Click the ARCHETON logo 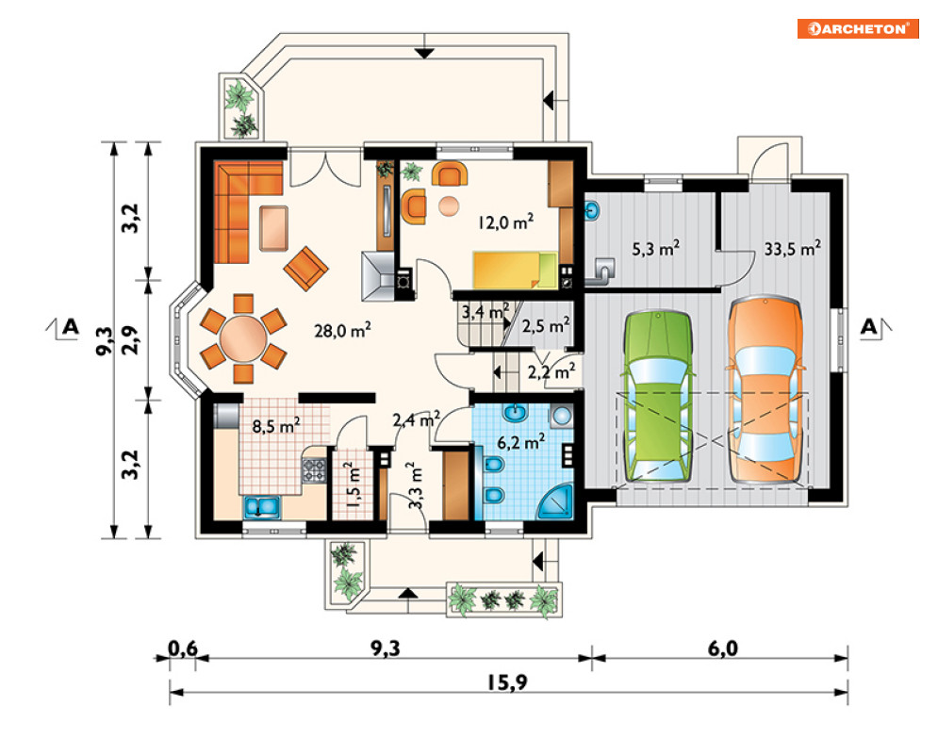858,28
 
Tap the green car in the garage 658,395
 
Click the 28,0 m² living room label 343,330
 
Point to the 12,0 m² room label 506,222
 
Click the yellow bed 516,271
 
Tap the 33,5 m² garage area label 792,248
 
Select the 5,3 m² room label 655,248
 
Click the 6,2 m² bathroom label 521,442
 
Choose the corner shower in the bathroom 556,501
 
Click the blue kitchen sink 261,507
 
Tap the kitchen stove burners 314,470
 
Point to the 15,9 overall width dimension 507,682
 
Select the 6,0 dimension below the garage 723,649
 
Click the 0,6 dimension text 183,649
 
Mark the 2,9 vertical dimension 130,340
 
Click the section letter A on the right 868,327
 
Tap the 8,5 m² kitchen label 276,426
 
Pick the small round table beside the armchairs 449,206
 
